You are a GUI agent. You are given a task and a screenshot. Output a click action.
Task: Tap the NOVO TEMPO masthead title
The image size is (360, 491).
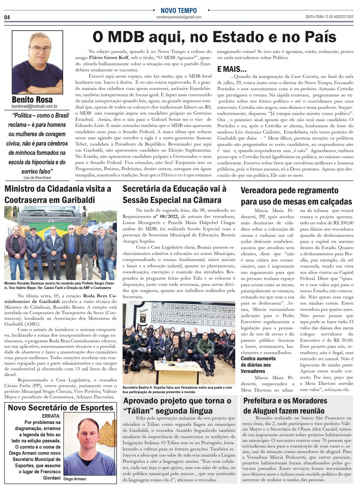[x=179, y=11]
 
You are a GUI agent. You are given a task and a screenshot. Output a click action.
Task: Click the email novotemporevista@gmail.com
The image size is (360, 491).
[x=179, y=17]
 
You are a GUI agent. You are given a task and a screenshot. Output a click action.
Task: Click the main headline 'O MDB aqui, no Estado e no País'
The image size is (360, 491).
[x=214, y=37]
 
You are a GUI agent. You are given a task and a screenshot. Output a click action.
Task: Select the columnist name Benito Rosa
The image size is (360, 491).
[x=32, y=100]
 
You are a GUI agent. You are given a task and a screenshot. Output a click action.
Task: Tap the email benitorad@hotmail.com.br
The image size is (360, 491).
[x=35, y=107]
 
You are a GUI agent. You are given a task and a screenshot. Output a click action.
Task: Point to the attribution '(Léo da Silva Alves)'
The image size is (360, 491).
[x=37, y=178]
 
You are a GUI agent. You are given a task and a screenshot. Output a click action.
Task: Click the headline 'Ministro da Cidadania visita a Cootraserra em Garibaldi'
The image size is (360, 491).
[x=58, y=194]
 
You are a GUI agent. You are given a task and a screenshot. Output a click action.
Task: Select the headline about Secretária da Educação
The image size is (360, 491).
[x=174, y=194]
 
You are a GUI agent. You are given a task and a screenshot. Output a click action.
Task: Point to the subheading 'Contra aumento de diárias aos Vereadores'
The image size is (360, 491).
[x=258, y=365]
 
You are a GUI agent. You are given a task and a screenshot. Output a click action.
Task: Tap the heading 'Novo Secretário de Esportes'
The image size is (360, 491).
[x=61, y=408]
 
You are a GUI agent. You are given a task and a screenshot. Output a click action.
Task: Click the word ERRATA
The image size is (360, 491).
[x=51, y=416]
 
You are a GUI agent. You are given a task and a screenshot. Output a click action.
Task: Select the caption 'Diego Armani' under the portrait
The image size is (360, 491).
[x=75, y=479]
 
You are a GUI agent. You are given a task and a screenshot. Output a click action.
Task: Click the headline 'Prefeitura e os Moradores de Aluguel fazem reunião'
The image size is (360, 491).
[x=285, y=406]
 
